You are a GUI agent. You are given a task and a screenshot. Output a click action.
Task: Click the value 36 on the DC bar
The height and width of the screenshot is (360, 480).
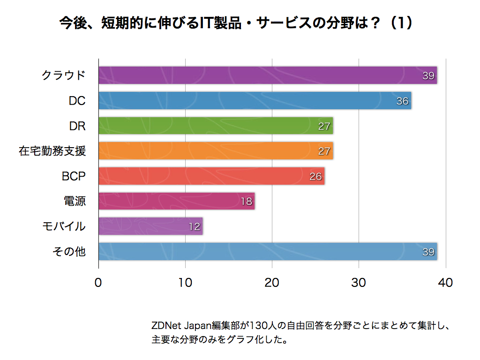click(x=402, y=101)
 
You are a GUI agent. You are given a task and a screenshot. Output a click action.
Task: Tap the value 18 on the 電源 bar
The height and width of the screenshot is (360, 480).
click(x=246, y=202)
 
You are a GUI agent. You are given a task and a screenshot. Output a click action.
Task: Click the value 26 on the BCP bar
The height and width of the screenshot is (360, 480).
click(x=315, y=177)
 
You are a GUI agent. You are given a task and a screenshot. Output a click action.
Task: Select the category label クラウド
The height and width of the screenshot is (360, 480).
click(x=64, y=75)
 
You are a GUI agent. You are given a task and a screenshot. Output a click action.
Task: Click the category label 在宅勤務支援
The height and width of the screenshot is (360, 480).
click(x=52, y=151)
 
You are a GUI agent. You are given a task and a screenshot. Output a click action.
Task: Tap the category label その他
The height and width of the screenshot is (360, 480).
click(x=69, y=252)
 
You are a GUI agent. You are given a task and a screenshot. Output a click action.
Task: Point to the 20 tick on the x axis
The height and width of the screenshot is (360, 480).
click(x=272, y=283)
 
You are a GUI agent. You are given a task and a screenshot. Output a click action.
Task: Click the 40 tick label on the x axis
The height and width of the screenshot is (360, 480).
click(x=446, y=283)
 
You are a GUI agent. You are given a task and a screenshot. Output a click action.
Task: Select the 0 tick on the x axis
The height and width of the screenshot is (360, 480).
click(x=98, y=283)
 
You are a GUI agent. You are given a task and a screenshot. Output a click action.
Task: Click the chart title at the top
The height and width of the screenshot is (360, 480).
click(x=237, y=23)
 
